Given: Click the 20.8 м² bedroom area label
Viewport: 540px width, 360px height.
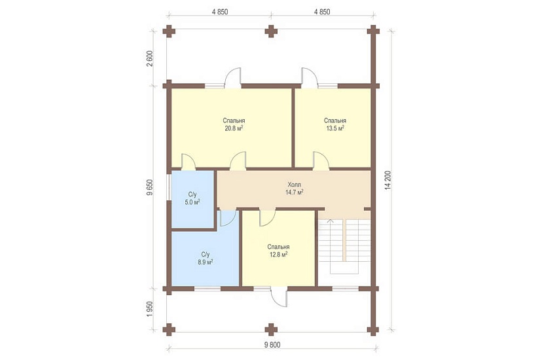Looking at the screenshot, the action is click(234, 124).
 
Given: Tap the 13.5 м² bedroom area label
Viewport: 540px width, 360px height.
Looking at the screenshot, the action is click(334, 124).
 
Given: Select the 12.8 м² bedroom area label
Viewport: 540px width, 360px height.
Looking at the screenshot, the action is click(278, 251).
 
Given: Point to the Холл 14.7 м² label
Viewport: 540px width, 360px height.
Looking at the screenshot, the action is click(294, 189).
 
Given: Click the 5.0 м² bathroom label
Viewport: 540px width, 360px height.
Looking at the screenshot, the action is click(192, 198).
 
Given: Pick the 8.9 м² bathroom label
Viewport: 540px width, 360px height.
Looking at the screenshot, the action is click(206, 258).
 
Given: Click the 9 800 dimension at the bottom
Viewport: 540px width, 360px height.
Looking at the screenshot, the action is click(272, 344).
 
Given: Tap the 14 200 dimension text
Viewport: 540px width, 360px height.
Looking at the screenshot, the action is click(388, 180).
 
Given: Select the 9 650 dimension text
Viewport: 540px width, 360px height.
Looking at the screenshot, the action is click(149, 188).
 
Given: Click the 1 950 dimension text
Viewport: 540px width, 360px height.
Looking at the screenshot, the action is click(149, 310).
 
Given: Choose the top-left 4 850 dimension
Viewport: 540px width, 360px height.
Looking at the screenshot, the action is click(220, 12).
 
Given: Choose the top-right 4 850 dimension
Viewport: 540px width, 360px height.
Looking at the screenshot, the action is click(322, 12).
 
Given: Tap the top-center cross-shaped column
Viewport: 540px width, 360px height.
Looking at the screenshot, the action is click(271, 31).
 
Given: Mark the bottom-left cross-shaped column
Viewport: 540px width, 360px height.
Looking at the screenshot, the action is click(169, 330).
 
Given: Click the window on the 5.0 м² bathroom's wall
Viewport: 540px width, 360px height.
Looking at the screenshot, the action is click(168, 187).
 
